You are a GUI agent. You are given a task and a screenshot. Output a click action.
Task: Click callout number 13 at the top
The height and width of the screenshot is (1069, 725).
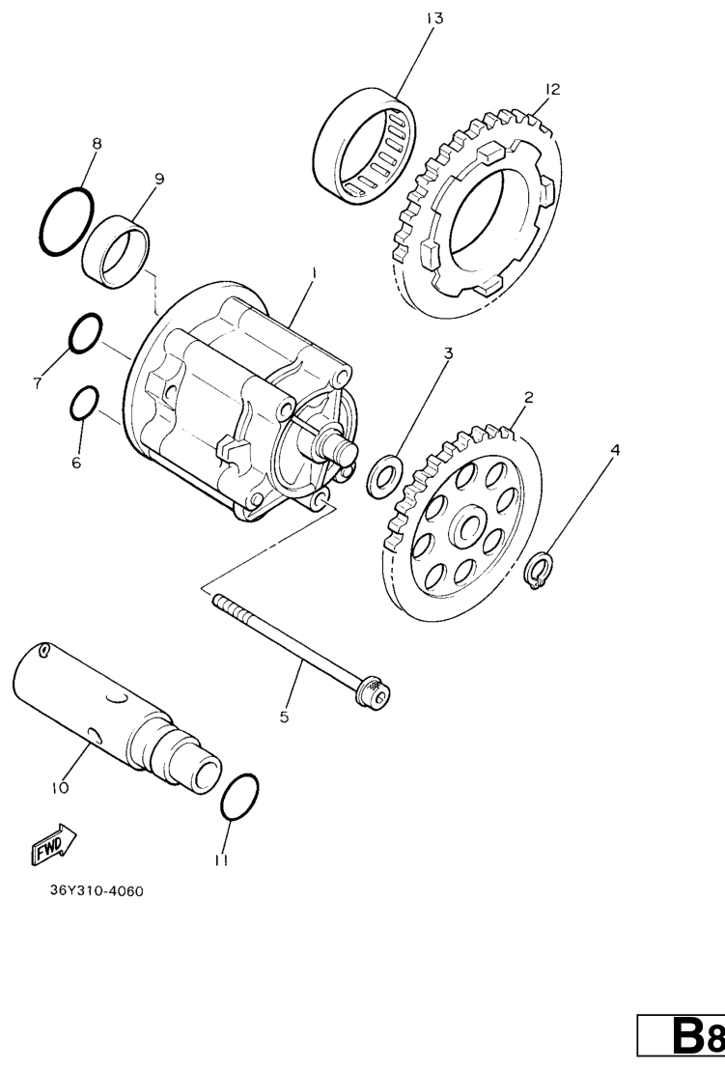click(434, 18)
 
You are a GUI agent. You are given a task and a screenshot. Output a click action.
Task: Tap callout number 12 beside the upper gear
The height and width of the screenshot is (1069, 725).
click(552, 89)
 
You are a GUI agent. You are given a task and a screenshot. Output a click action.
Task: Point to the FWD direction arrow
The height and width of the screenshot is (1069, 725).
click(53, 844)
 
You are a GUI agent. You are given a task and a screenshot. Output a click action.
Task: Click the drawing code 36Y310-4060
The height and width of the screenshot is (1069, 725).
click(97, 891)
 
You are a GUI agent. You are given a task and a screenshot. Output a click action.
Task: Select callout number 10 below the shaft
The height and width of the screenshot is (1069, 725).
click(60, 788)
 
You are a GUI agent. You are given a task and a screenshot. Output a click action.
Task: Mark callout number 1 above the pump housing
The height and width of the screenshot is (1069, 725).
click(314, 272)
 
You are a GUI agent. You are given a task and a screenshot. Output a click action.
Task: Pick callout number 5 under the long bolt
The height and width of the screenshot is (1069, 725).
click(284, 717)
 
